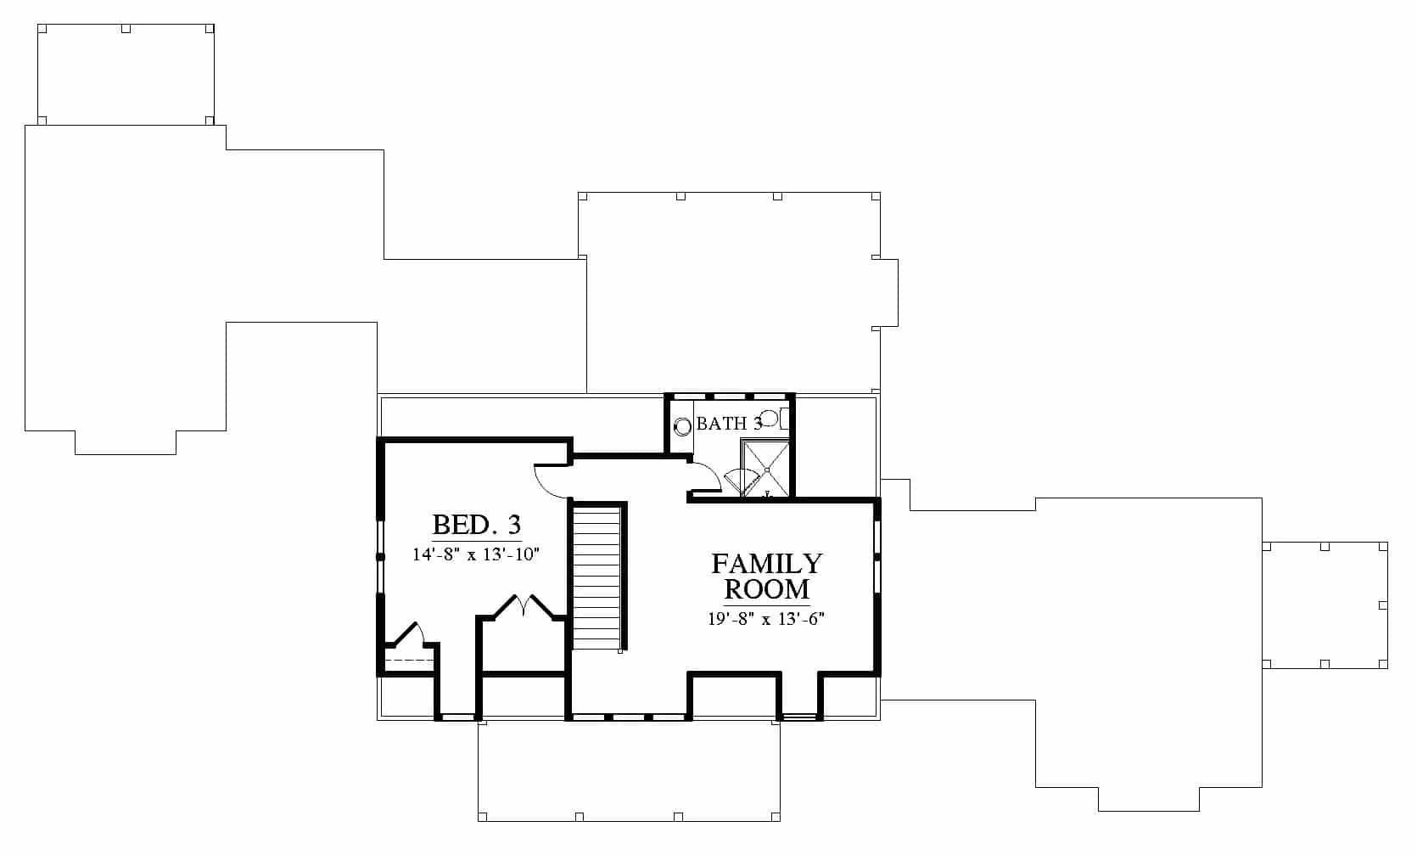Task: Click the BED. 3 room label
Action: pyautogui.click(x=476, y=525)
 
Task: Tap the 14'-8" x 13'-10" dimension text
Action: pyautogui.click(x=476, y=554)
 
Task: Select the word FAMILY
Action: pyautogui.click(x=767, y=563)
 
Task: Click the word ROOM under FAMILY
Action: pyautogui.click(x=767, y=589)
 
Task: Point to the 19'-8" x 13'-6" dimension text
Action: pyautogui.click(x=766, y=618)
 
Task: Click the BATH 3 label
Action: pyautogui.click(x=730, y=424)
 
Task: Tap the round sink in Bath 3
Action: pyautogui.click(x=682, y=427)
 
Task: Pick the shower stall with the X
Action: pyautogui.click(x=766, y=470)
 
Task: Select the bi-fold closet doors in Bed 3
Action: pyautogui.click(x=524, y=605)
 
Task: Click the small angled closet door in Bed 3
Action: pyautogui.click(x=409, y=633)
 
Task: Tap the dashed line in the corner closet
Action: pyautogui.click(x=409, y=661)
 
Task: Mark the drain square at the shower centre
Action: pyautogui.click(x=767, y=470)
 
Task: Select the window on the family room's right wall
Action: pyautogui.click(x=877, y=557)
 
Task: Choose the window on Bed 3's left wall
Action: pyautogui.click(x=381, y=557)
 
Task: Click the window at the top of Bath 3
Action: pyautogui.click(x=730, y=397)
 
